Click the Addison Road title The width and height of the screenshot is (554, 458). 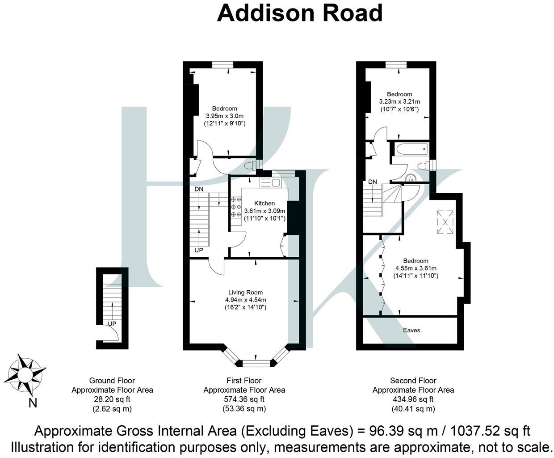pyautogui.click(x=299, y=13)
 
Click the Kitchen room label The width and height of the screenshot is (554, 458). pyautogui.click(x=264, y=203)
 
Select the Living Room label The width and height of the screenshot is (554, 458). pyautogui.click(x=246, y=293)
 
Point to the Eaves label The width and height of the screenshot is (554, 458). pyautogui.click(x=411, y=330)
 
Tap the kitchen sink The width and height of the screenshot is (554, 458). pyautogui.click(x=270, y=182)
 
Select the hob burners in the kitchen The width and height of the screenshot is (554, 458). pyautogui.click(x=236, y=208)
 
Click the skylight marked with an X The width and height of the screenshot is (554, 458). pyautogui.click(x=444, y=222)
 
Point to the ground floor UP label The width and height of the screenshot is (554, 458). pyautogui.click(x=112, y=323)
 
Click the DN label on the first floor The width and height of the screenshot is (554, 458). pyautogui.click(x=199, y=189)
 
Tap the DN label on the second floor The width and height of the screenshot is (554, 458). pyautogui.click(x=373, y=182)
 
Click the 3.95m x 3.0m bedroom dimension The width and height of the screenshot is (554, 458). pyautogui.click(x=224, y=116)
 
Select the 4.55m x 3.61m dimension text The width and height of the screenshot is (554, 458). pyautogui.click(x=415, y=268)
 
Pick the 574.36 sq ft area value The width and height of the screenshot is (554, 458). pyautogui.click(x=244, y=399)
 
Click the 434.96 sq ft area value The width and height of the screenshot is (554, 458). pyautogui.click(x=413, y=399)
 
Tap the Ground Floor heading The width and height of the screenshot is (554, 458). pyautogui.click(x=112, y=381)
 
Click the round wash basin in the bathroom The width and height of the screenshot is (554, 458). pyautogui.click(x=410, y=178)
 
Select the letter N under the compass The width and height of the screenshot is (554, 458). pyautogui.click(x=33, y=403)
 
